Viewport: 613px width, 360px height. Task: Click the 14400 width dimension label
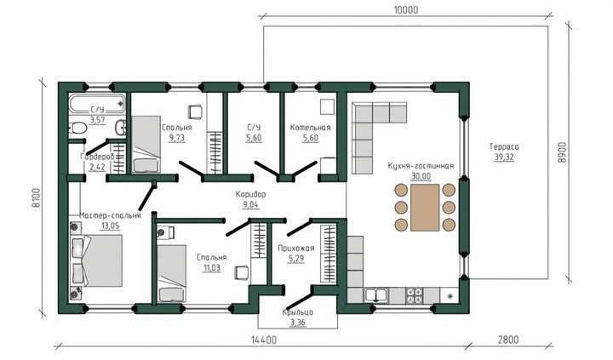click(264, 340)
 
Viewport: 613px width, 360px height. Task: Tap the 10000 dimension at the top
click(404, 9)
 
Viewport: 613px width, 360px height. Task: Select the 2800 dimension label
click(508, 340)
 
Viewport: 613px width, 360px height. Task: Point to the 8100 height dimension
click(36, 198)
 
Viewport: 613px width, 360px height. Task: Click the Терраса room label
click(504, 147)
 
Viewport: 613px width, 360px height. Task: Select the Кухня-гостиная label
click(421, 166)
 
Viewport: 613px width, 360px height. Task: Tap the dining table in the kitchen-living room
click(425, 207)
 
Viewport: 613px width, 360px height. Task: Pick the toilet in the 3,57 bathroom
click(78, 128)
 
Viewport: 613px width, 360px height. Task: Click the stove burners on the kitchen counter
click(415, 295)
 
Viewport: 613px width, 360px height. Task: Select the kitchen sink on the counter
click(376, 295)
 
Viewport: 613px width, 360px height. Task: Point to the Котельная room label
click(311, 128)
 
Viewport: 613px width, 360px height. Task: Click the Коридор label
click(250, 194)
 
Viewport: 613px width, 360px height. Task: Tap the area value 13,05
click(110, 226)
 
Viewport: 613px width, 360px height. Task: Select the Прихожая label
click(296, 248)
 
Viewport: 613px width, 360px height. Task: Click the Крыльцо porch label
click(298, 312)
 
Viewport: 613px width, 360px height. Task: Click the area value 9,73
click(177, 138)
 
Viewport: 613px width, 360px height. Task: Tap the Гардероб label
click(97, 157)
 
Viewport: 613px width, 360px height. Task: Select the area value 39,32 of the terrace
click(504, 157)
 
